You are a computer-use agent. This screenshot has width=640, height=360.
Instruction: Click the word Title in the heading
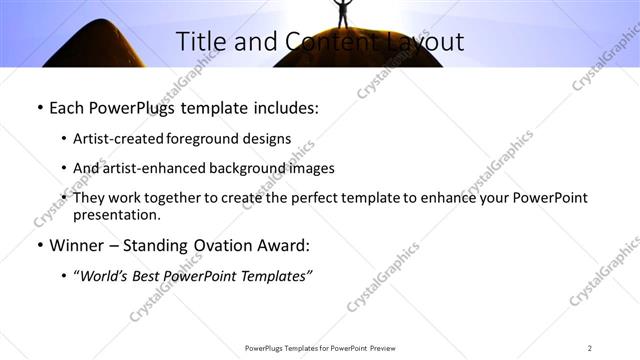point(199,41)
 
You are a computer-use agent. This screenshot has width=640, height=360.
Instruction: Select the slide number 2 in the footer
point(589,348)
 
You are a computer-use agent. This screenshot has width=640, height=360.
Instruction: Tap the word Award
point(282,245)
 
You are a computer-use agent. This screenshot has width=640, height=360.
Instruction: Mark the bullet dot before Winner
point(38,245)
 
